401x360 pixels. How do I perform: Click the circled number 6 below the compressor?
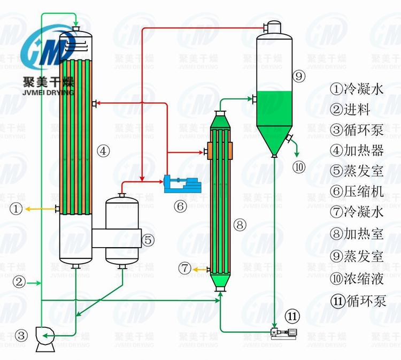[180, 205]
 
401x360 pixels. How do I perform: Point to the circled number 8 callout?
[240, 225]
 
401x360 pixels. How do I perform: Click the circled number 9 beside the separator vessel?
[299, 76]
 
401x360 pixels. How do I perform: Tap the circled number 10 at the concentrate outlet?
[299, 167]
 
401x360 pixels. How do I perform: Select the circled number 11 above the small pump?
[292, 317]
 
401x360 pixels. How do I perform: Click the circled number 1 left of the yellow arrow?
[18, 208]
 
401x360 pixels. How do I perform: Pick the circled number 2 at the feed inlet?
[19, 281]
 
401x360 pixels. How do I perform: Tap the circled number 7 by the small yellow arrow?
[185, 269]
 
